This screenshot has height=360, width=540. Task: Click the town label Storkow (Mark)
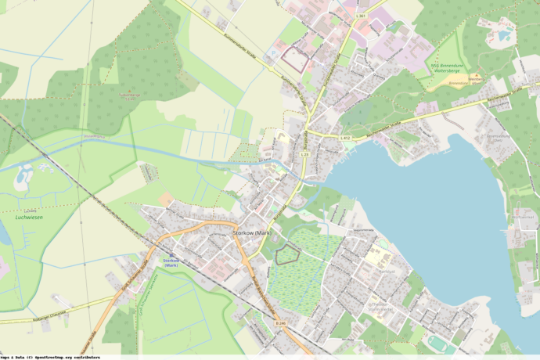tap(251, 233)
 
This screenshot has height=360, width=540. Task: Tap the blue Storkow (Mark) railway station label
tap(171, 262)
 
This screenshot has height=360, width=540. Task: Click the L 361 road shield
tap(361, 16)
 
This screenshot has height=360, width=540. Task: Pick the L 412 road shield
tap(345, 139)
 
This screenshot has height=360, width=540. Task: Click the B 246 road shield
tap(281, 322)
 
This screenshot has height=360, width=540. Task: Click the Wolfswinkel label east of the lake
tap(520, 216)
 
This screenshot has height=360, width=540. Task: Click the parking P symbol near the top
tap(273, 53)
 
